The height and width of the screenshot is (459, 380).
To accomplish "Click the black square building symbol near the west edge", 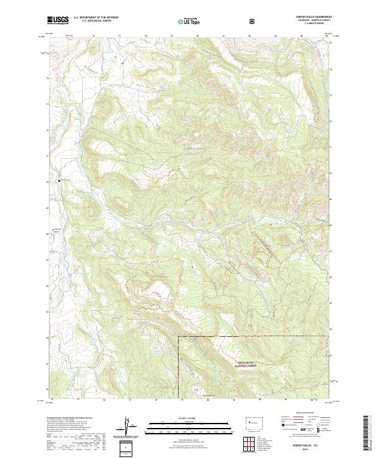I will pos(60,181).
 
